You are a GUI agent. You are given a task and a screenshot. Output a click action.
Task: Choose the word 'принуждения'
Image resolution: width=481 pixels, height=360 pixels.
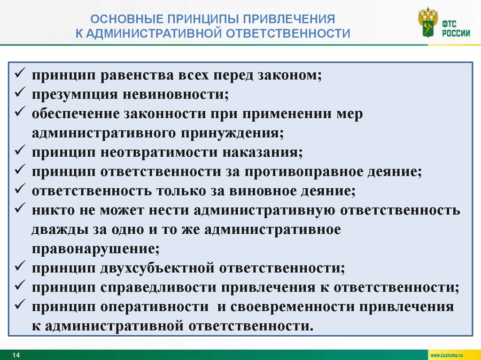pos(233,133)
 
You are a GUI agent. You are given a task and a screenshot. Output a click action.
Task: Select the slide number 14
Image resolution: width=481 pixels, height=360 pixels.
pos(16,355)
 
